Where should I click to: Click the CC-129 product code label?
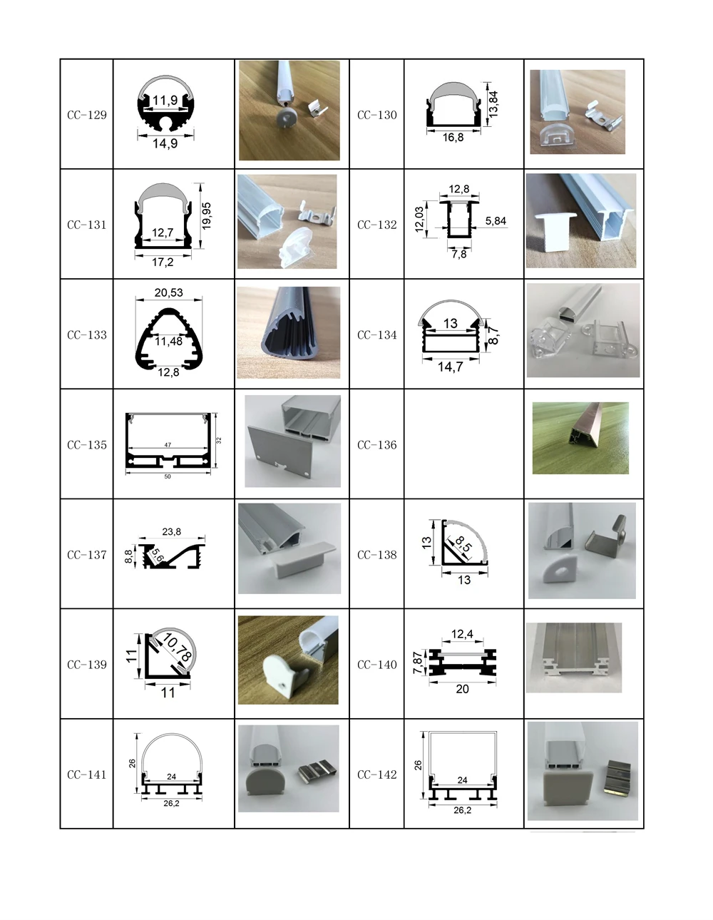[x=87, y=115]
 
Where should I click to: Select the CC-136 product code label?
[x=376, y=445]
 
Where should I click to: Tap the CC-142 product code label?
[x=376, y=775]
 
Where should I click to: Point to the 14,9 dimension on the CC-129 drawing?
[x=165, y=143]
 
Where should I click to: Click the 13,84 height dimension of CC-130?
[x=493, y=104]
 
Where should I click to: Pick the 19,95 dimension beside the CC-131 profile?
[x=206, y=215]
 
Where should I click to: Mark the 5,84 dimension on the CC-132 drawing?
[x=496, y=221]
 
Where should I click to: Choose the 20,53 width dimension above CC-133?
[x=168, y=293]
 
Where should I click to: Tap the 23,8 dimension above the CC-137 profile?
[x=172, y=531]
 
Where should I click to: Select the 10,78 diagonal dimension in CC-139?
[x=177, y=647]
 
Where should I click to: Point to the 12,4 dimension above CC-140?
[x=462, y=634]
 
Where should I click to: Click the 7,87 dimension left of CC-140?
[x=418, y=663]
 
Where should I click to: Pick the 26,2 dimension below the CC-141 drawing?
[x=171, y=803]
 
